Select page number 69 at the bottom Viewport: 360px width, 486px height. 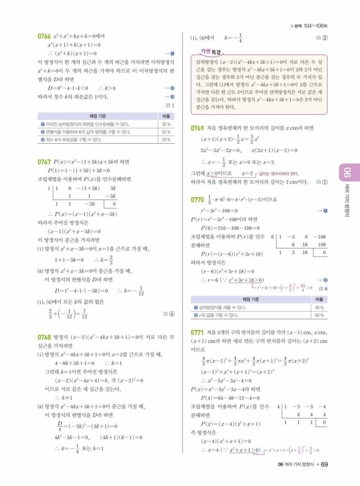[x=324, y=464]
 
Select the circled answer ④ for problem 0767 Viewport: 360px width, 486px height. [x=171, y=313]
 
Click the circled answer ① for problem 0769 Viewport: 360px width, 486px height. [x=324, y=182]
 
